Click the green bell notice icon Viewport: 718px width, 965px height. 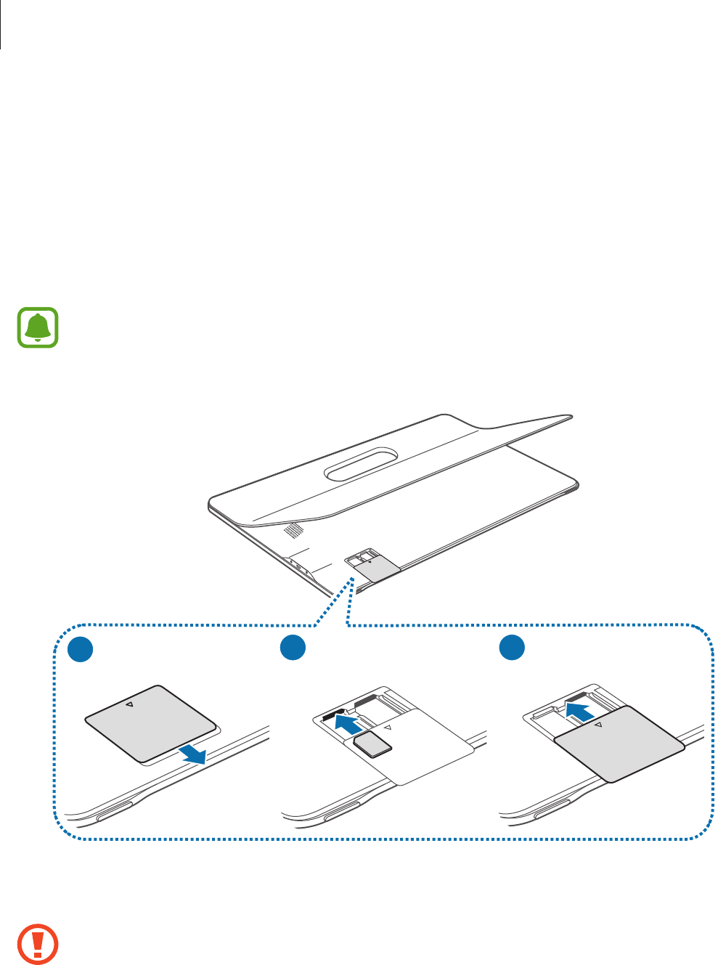[38, 327]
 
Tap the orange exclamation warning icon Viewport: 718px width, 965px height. [38, 944]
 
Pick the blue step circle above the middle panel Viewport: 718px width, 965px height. [293, 648]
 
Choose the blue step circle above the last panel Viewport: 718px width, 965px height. [513, 648]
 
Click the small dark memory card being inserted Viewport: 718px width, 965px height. [372, 744]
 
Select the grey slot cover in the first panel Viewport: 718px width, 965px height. [150, 723]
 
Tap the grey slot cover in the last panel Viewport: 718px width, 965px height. [619, 743]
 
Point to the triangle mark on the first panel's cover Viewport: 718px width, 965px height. [128, 704]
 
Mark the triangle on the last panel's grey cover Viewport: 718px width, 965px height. [597, 724]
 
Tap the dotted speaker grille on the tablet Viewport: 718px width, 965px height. [292, 530]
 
